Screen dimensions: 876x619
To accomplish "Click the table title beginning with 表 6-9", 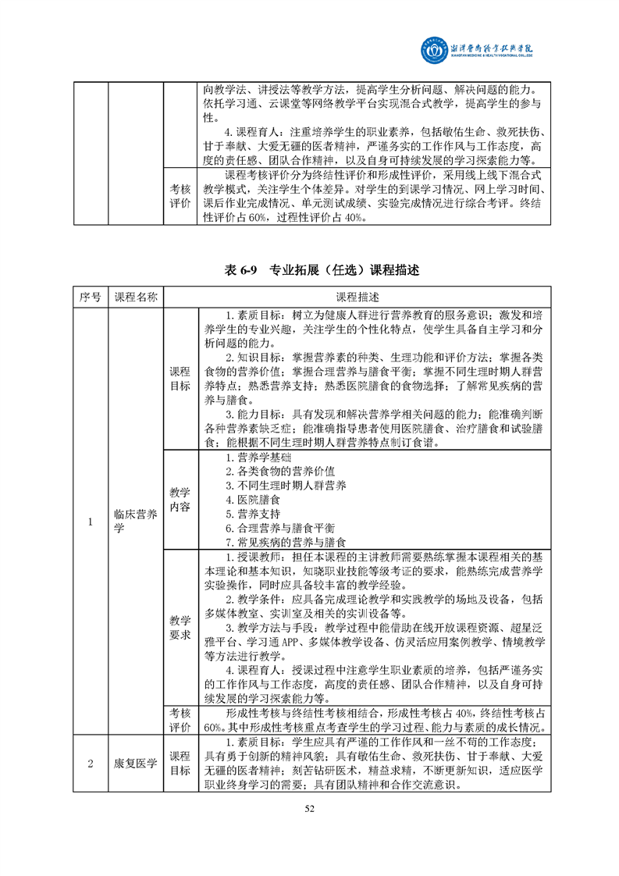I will [309, 271].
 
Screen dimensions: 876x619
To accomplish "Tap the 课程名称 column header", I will [136, 297].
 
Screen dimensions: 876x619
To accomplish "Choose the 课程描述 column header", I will [358, 297].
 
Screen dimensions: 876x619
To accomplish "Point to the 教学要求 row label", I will [180, 627].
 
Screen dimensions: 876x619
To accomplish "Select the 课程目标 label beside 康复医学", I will [180, 764].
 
